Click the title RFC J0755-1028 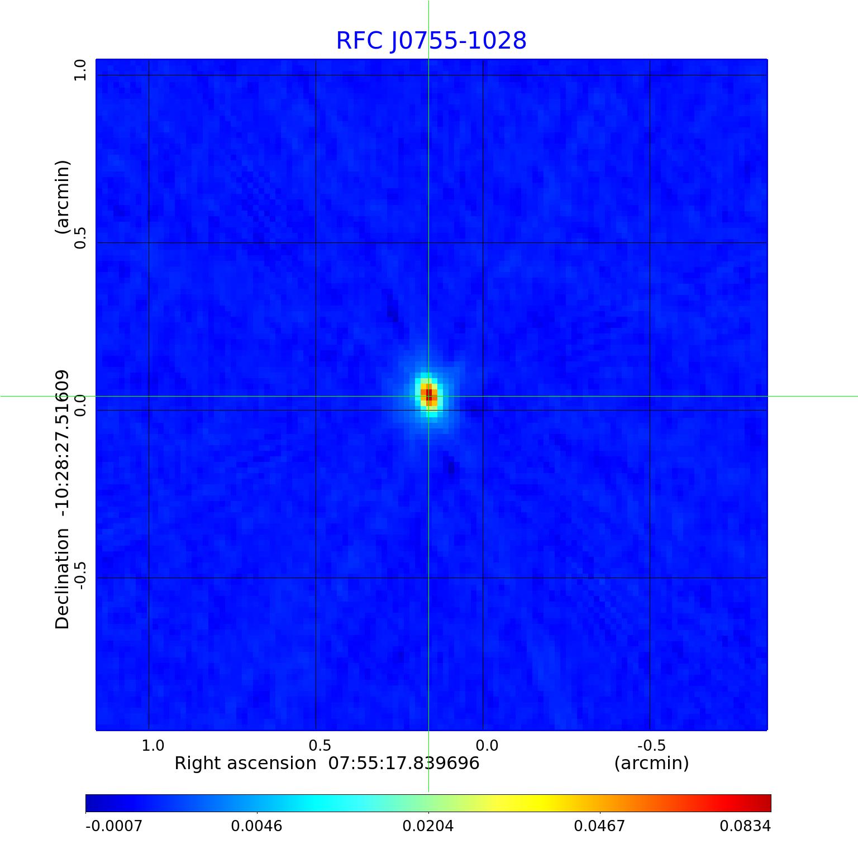(431, 41)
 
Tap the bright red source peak (428, 395)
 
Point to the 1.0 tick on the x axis (152, 745)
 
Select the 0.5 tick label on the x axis (320, 745)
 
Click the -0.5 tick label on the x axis (651, 745)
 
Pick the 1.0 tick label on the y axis (80, 70)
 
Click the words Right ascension (245, 763)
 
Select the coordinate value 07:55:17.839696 (404, 763)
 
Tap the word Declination (63, 579)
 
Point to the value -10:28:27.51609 (63, 443)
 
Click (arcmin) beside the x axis (651, 763)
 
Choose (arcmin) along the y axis (63, 197)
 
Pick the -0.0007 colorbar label (114, 826)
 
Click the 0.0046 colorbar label (256, 826)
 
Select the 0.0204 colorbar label (428, 826)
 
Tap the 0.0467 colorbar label (599, 826)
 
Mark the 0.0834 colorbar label (745, 826)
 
